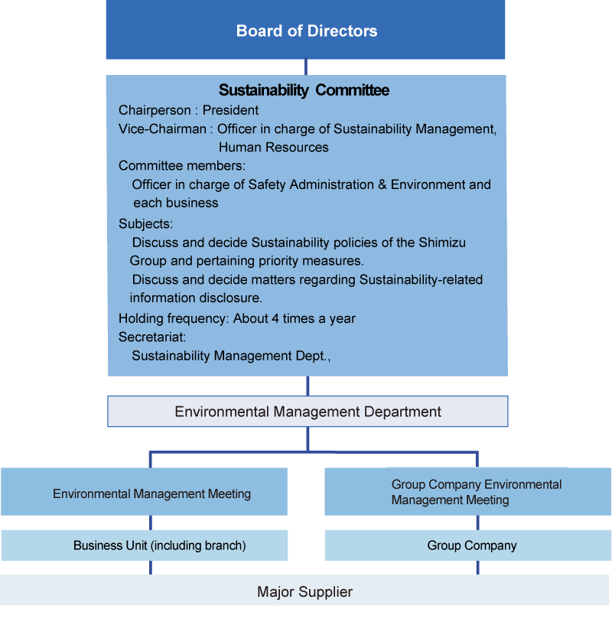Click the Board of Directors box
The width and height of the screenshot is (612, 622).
306,31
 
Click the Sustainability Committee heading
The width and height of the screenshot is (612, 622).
304,90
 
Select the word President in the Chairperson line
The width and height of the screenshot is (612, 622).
230,110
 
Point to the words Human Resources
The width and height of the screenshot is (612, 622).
273,147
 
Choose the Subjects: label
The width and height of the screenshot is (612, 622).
145,223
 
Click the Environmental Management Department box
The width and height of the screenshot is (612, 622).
308,412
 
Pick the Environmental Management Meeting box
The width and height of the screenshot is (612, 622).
151,493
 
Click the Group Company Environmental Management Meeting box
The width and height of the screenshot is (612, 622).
468,492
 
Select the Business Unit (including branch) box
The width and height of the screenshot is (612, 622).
159,545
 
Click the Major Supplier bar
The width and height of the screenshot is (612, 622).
304,591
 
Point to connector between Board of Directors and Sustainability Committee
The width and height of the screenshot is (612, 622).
306,67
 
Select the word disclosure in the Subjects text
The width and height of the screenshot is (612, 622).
234,298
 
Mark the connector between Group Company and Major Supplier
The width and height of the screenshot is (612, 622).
477,568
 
